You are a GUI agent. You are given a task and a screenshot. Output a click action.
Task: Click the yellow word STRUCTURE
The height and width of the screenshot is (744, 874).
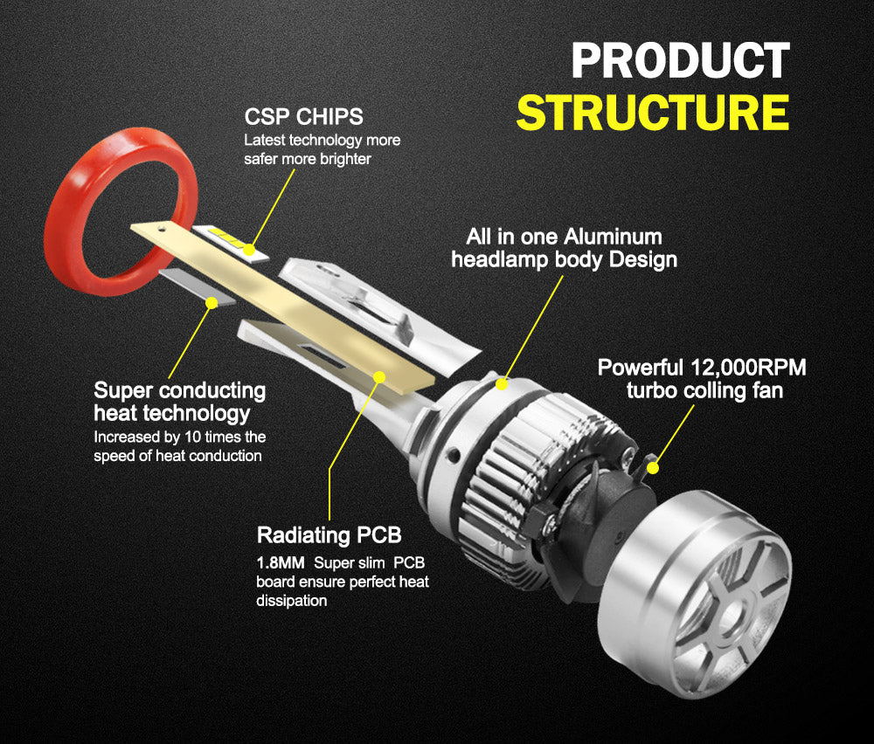pos(652,114)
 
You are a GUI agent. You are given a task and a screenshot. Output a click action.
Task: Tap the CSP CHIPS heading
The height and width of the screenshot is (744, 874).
pos(303,117)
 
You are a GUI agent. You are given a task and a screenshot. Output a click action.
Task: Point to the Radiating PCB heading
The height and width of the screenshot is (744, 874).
pos(329,535)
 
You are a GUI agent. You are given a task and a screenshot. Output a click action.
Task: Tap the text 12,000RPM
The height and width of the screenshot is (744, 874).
pos(748,368)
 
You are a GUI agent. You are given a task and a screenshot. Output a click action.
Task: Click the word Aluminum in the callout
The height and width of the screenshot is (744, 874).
pos(613,237)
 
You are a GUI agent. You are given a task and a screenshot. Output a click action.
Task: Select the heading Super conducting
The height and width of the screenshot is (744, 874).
pos(179,390)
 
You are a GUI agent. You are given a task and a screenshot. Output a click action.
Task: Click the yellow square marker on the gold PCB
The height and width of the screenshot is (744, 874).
pos(378,376)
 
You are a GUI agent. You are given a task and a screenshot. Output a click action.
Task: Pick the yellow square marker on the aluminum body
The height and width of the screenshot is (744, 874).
pos(502,382)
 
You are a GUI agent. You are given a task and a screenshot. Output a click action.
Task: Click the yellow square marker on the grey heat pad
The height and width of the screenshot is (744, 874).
pos(211,302)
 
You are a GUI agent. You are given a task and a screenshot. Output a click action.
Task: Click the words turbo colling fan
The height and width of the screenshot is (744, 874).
pos(704,390)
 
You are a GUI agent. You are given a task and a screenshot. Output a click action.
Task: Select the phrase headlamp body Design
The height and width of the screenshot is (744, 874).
pos(564,259)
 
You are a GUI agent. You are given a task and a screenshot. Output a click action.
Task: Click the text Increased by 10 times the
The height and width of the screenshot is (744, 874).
pos(179,437)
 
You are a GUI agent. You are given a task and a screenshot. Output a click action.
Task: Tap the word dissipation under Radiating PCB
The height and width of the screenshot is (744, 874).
pos(292,601)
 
